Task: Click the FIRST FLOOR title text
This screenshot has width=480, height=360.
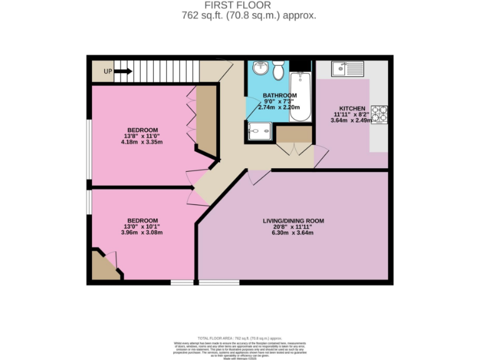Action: pos(239,6)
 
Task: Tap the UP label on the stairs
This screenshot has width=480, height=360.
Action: pos(108,72)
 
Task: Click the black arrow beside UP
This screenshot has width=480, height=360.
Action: pos(123,72)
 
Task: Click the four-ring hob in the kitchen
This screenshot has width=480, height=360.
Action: pos(380,114)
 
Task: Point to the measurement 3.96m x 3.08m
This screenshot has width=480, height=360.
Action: pos(142,232)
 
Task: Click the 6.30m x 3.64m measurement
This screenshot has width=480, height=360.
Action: pos(292,233)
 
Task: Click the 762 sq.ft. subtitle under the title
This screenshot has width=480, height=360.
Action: pos(239,16)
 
